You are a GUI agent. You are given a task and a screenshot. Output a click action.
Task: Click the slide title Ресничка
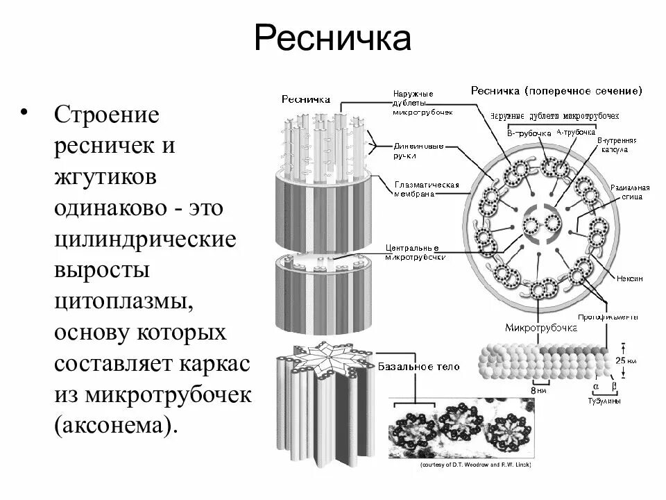point(332,39)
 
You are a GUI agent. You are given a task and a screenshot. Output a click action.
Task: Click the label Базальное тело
point(420,366)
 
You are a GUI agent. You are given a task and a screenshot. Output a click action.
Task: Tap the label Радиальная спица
point(629,192)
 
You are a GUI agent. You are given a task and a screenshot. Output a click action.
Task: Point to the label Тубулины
point(601,401)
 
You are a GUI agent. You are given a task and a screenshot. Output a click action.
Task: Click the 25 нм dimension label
point(626,361)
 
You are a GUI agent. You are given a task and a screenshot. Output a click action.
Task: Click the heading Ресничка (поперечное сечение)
point(556,90)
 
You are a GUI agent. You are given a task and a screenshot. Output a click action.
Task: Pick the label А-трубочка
point(576,131)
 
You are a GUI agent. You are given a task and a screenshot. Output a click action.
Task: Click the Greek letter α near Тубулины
point(596,385)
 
